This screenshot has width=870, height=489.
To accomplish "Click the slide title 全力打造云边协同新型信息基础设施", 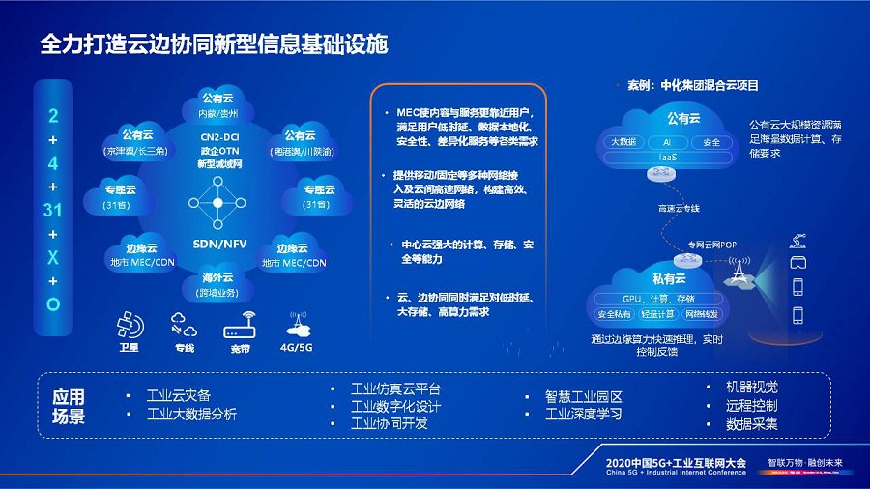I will click(x=213, y=44).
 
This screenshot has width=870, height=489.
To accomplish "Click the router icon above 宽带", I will click(x=239, y=327).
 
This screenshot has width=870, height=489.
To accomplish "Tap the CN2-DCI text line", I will click(x=217, y=136).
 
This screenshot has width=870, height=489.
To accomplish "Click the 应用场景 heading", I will click(x=69, y=407).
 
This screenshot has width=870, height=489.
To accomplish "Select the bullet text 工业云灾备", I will click(x=178, y=395).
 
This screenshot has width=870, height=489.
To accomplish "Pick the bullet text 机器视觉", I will click(x=752, y=387).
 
